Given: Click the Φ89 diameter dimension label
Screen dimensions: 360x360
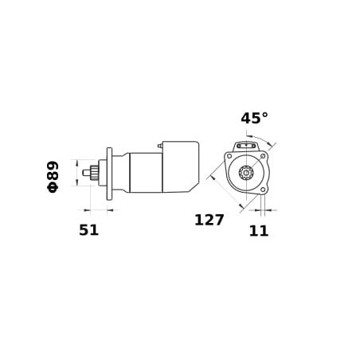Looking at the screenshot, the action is (53, 177).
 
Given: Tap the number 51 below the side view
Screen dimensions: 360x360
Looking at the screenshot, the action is (89, 230).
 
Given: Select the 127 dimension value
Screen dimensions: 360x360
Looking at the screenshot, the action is (209, 220).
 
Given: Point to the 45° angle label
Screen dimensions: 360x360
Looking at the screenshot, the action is (254, 118).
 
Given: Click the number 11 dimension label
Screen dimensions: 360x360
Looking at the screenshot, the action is (259, 231).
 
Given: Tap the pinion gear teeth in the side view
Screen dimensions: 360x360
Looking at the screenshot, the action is (94, 173).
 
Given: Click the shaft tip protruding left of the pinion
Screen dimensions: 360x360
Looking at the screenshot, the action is (86, 173).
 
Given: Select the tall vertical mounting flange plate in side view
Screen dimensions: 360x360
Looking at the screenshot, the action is (109, 174).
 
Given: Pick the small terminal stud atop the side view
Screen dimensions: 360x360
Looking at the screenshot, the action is (160, 146).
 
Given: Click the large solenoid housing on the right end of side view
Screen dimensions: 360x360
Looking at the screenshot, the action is (181, 166).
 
